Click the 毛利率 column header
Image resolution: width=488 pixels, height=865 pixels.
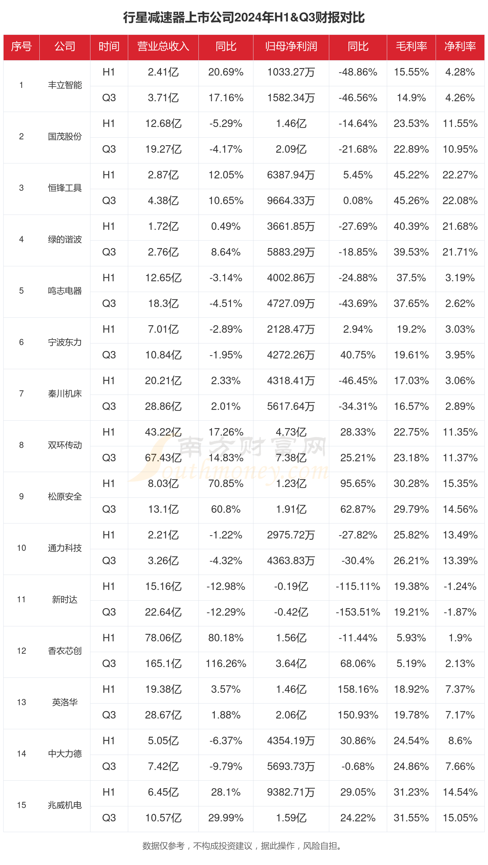tap(411, 46)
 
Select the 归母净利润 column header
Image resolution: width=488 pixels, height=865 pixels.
tap(291, 46)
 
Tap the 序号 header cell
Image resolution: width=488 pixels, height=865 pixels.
tap(21, 46)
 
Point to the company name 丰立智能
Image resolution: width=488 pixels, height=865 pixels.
tap(65, 85)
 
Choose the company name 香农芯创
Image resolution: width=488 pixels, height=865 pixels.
tap(65, 651)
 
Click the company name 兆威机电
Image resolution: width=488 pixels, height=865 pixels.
tap(65, 805)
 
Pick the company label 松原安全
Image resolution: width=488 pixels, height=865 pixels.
tap(65, 496)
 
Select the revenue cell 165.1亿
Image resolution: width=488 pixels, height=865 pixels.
tap(163, 663)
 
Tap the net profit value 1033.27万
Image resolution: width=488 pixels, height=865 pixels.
tap(291, 72)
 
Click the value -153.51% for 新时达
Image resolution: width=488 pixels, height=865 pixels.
tap(358, 612)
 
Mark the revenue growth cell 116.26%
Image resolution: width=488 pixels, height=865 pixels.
tap(225, 663)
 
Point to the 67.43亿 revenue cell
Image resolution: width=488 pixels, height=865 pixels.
tap(163, 458)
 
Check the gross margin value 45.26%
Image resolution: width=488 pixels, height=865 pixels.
tap(411, 201)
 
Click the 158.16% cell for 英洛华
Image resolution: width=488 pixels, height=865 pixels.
tap(358, 690)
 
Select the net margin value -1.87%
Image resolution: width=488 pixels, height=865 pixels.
tap(460, 612)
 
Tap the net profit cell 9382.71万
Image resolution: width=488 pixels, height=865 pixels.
tap(291, 792)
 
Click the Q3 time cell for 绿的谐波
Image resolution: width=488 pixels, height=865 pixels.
tap(109, 252)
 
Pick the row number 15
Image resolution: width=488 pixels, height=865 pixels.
tap(21, 805)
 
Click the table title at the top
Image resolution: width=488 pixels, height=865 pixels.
tap(244, 18)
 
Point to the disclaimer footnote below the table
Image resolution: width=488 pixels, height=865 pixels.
tap(244, 845)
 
